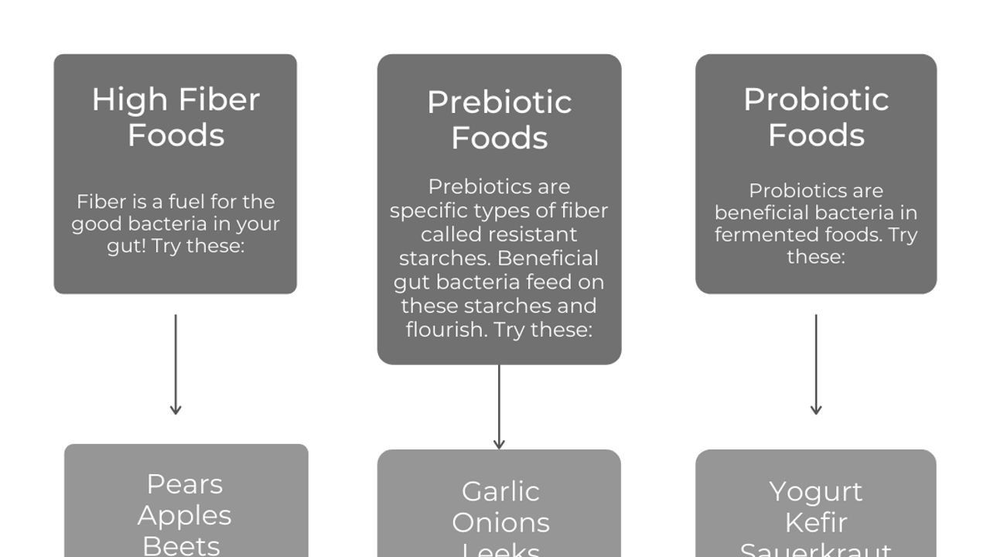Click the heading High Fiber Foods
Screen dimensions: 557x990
[176, 117]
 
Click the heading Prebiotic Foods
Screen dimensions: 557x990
[499, 120]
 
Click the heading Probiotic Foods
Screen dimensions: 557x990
[816, 117]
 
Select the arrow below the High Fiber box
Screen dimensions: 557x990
[176, 364]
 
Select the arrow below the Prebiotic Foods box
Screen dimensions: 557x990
[499, 406]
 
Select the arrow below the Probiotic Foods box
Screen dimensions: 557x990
[816, 364]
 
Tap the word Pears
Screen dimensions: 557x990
[185, 484]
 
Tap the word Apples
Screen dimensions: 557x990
[185, 515]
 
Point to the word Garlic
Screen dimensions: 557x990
[500, 491]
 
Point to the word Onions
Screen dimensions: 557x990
[500, 523]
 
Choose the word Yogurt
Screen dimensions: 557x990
[816, 491]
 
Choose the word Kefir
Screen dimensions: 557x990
[816, 523]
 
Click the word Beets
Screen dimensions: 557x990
[182, 545]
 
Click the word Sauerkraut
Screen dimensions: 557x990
[816, 549]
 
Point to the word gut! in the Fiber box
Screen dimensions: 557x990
[126, 247]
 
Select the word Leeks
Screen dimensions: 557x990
[500, 550]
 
